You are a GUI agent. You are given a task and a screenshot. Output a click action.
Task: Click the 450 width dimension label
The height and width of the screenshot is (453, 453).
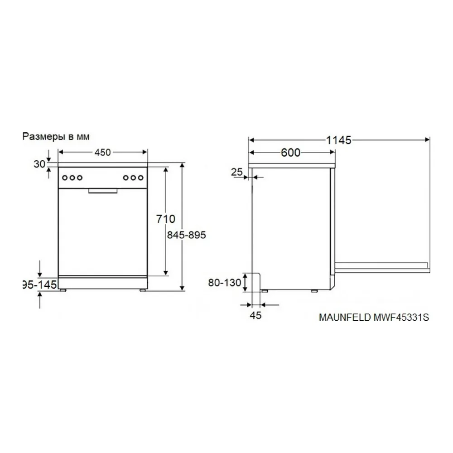[x=102, y=152]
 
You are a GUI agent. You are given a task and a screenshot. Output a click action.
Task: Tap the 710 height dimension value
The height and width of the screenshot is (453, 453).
[x=166, y=219]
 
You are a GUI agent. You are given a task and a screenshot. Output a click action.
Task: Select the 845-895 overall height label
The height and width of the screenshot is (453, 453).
[x=186, y=235]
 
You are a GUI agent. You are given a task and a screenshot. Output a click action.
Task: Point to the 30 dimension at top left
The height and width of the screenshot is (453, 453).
[x=39, y=164]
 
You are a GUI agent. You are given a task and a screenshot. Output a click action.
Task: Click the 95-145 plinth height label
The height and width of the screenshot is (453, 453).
[x=39, y=285]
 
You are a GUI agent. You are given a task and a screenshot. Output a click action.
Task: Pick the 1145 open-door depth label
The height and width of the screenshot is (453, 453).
[x=338, y=140]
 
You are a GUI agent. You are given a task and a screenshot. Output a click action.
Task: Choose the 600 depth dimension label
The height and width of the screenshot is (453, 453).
[x=291, y=153]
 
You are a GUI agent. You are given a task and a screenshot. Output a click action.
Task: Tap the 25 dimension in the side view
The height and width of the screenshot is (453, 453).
[x=237, y=172]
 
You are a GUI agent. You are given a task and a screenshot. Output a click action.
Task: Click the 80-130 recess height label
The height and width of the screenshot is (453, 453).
[x=225, y=283]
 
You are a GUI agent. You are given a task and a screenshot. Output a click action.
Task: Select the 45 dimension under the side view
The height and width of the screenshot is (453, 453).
[x=255, y=315]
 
